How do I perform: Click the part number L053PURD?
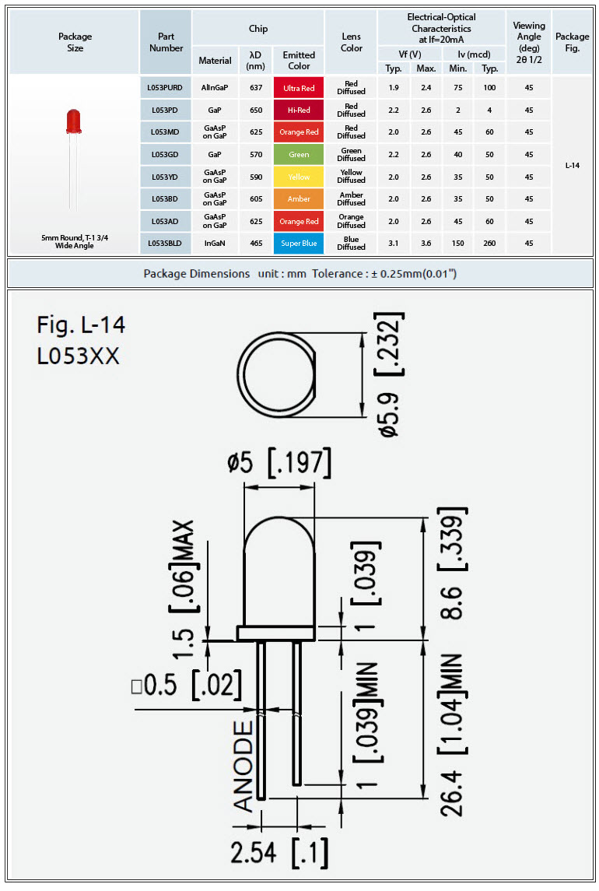pos(165,87)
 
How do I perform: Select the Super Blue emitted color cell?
pos(299,244)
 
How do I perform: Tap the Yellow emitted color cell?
pos(299,177)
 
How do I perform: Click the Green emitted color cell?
pos(299,155)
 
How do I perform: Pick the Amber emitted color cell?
pos(299,199)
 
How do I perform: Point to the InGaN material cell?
pos(215,244)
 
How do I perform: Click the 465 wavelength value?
pos(256,244)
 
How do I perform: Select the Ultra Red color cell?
pos(299,88)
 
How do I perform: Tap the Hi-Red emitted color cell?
pos(299,110)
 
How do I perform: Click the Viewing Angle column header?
pos(528,42)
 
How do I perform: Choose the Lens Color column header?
pos(351,42)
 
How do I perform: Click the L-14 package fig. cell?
pos(573,165)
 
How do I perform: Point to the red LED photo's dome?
pos(73,120)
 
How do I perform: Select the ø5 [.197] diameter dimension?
pos(279,462)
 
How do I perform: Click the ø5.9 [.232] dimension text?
pos(390,374)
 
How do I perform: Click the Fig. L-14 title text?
pos(81,325)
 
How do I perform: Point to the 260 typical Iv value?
pos(489,244)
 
